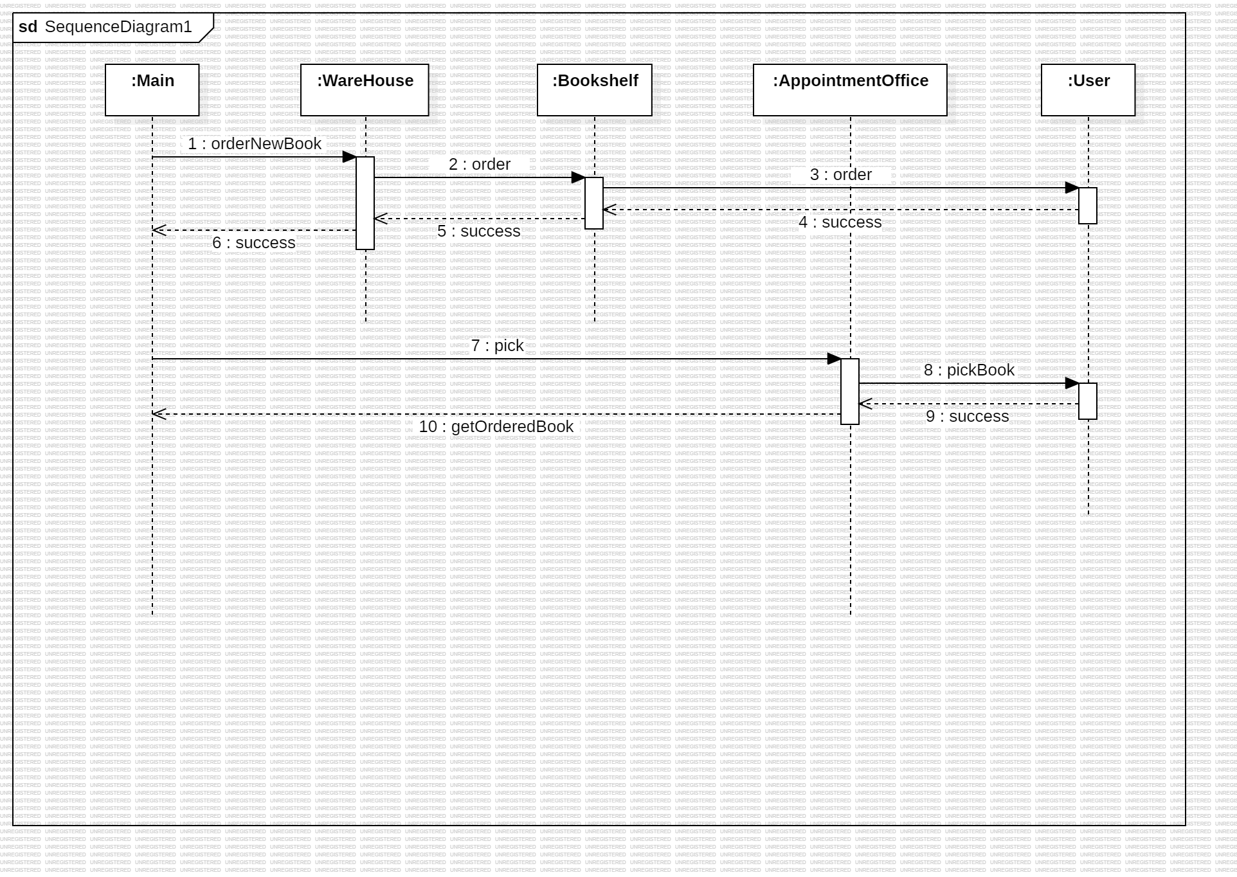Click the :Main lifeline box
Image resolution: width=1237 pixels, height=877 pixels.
coord(152,90)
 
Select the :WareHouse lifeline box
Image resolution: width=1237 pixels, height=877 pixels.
coord(365,90)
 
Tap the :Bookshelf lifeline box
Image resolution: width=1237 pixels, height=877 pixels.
coord(595,90)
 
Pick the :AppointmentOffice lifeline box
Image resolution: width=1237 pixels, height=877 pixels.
coord(850,90)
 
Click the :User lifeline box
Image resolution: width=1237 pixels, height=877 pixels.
coord(1088,90)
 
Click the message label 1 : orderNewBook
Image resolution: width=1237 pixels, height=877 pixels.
coord(255,143)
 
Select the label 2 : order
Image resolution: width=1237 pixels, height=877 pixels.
coord(480,164)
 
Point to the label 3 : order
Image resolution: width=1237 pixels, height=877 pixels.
coord(841,174)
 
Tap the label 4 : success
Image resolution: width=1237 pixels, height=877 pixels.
coord(840,222)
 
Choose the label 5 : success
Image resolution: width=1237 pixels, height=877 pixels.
coord(479,231)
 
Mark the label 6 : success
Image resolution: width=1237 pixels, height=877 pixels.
coord(254,242)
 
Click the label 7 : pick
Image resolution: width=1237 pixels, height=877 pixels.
coord(498,345)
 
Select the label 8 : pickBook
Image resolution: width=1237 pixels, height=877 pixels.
coord(969,370)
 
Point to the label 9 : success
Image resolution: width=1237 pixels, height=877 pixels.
coord(968,416)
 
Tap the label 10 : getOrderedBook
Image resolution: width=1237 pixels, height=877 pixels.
coord(496,426)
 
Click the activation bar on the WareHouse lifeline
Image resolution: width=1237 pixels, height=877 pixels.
coord(365,203)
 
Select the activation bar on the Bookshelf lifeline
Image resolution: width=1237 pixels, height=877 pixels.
coord(594,203)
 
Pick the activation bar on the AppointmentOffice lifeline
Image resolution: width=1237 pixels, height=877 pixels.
coord(850,392)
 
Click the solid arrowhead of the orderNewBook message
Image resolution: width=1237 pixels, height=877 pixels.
coord(350,157)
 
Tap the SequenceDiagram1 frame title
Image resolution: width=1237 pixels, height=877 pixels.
coord(105,27)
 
